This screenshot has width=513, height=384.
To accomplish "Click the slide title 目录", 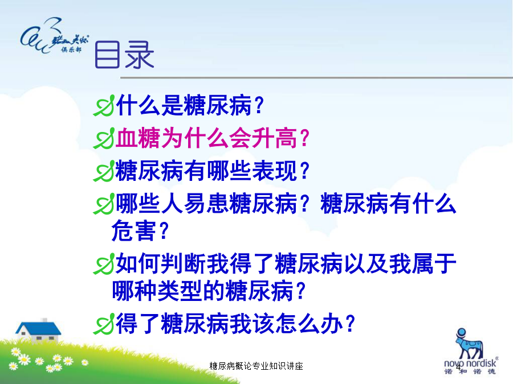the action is tap(124, 55).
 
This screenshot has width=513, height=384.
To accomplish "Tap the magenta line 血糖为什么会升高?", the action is tap(213, 138).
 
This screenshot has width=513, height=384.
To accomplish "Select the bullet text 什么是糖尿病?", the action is tap(190, 105).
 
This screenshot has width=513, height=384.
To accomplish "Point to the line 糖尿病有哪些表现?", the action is tap(213, 171).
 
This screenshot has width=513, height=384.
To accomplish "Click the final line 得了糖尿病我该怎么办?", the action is tap(235, 324).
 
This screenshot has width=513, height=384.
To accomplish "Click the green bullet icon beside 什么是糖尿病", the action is tap(104, 105).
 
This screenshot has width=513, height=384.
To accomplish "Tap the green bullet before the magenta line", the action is tap(104, 138).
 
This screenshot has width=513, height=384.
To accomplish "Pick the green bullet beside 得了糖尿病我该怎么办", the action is tap(104, 324).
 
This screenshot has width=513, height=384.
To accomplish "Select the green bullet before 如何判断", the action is tap(104, 263).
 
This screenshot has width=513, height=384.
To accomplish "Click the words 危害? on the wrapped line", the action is tap(140, 231).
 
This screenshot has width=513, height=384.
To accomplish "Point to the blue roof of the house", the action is tap(38, 328).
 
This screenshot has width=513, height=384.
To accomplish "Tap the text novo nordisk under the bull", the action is tap(470, 364).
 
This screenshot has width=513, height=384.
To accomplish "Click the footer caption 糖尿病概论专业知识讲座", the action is tap(256, 366).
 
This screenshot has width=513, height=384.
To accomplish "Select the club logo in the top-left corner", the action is tap(54, 36).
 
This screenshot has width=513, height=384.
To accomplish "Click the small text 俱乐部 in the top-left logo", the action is tap(71, 49).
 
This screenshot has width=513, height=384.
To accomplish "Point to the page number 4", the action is tap(458, 368).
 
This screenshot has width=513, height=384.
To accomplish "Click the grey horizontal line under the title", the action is tap(317, 78).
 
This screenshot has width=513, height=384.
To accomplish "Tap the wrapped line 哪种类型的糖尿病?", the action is tap(209, 291).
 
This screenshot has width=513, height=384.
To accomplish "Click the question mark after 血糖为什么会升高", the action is tap(304, 138).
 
